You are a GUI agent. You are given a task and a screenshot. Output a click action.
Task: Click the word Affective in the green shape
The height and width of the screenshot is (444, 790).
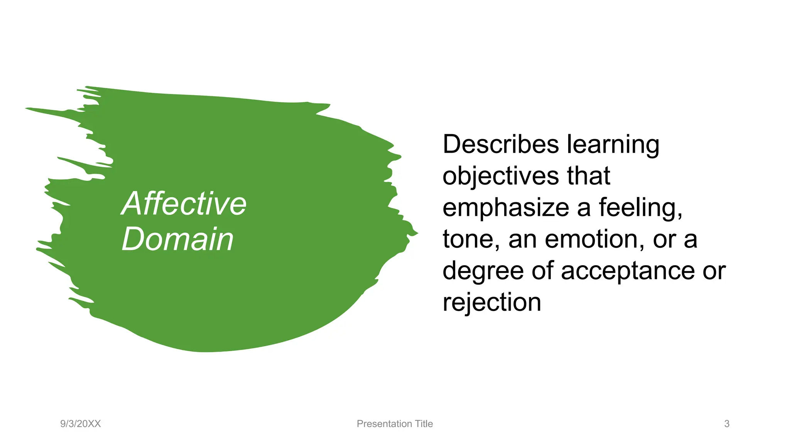pos(184,204)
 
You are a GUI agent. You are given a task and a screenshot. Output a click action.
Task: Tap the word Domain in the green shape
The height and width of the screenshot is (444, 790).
pos(177,239)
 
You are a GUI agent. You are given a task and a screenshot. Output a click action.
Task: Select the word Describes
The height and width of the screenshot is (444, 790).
pos(500,145)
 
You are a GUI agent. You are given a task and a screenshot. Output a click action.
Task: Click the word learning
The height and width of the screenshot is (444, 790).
pos(613,145)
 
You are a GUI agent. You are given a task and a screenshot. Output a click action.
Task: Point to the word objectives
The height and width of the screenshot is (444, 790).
pos(500,176)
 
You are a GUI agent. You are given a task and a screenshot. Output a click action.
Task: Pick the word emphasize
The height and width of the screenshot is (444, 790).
pos(506,208)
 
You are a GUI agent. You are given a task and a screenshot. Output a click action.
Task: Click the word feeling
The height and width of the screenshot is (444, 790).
pos(640,208)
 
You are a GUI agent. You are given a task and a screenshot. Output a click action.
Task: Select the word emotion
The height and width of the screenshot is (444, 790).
pos(594,239)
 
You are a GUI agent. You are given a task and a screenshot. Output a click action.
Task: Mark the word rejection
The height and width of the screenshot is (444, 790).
pos(492,303)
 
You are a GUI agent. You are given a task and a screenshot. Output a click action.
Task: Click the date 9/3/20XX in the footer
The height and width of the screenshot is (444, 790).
pos(80,424)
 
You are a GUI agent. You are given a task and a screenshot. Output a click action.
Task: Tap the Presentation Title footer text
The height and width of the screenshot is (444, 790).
pos(395,424)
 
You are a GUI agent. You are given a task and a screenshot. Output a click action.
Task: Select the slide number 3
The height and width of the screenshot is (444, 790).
pos(727,424)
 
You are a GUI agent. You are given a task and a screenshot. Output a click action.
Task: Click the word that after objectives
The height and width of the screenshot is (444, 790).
pos(589,176)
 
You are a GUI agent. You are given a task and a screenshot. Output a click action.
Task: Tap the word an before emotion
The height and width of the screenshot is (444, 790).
pos(522,239)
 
